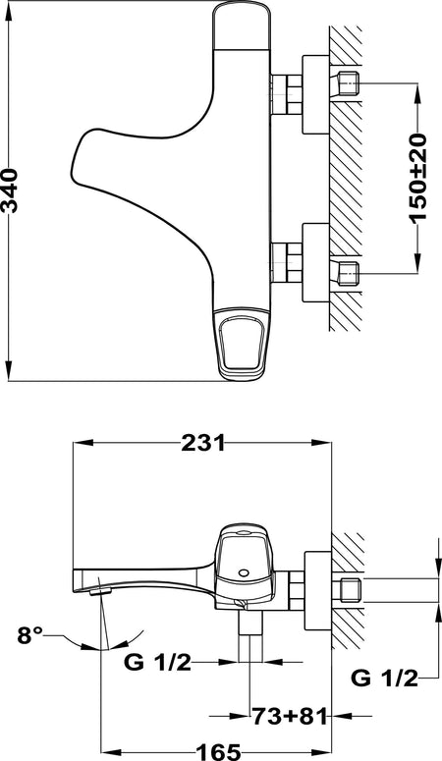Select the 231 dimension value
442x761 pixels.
tap(203, 443)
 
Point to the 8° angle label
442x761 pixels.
tap(30, 634)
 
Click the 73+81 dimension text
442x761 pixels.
tap(290, 716)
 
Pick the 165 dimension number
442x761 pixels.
tap(219, 752)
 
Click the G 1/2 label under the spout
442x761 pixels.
tap(158, 662)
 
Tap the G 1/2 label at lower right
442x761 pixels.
tap(384, 678)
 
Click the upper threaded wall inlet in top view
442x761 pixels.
tap(348, 83)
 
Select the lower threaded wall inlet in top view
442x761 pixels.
tap(348, 272)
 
